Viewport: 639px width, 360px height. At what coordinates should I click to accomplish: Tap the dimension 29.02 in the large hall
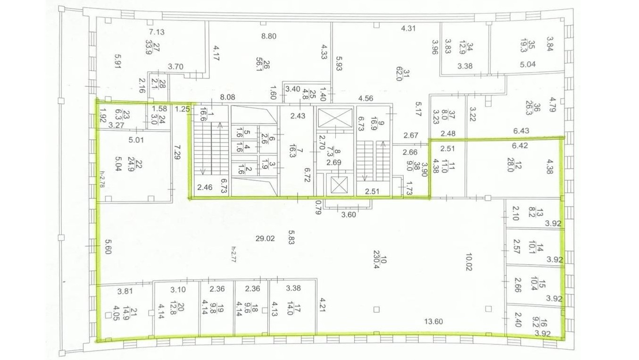265,238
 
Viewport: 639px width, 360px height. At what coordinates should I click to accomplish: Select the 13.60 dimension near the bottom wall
433,322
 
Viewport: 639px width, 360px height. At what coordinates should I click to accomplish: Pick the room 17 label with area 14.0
294,309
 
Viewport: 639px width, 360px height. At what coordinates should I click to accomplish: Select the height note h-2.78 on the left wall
102,179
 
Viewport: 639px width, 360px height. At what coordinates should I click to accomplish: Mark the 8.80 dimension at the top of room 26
269,36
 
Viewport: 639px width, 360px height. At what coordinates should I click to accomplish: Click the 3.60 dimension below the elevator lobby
349,214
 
